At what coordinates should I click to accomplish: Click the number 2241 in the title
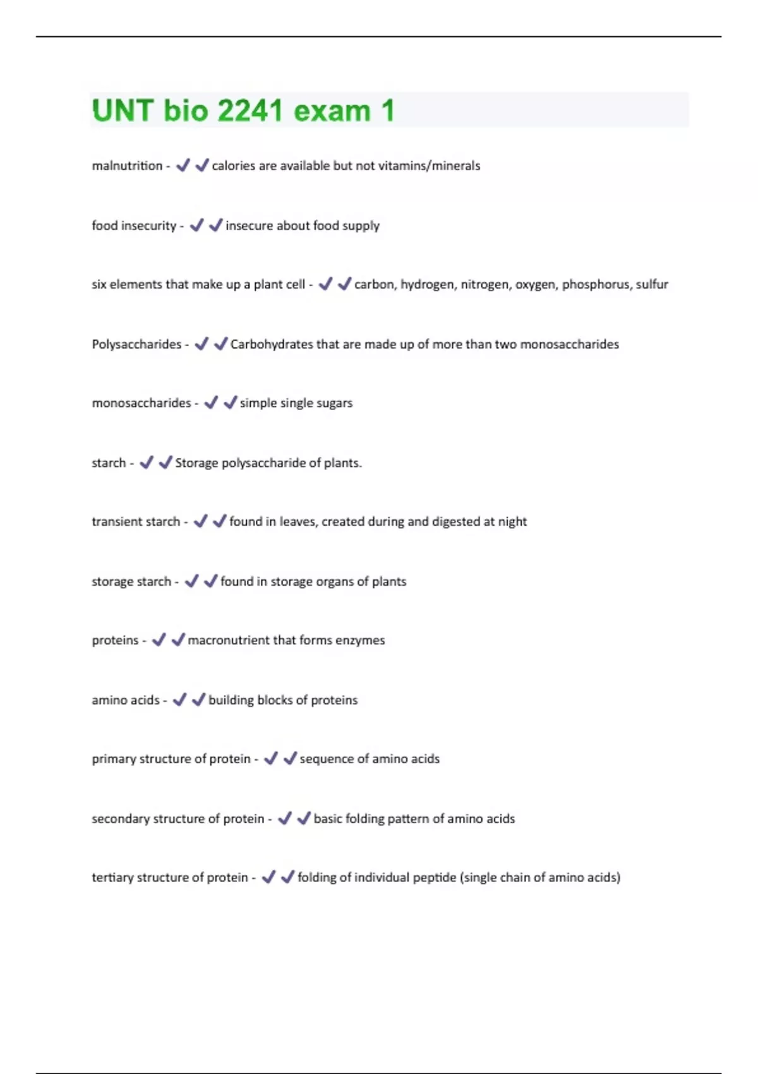click(250, 111)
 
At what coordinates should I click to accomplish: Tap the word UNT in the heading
click(123, 111)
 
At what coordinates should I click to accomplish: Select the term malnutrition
click(127, 166)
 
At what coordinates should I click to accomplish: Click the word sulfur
click(652, 284)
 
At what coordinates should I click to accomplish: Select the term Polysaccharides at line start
click(136, 344)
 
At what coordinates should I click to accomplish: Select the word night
click(512, 522)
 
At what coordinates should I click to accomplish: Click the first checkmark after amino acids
click(180, 699)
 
